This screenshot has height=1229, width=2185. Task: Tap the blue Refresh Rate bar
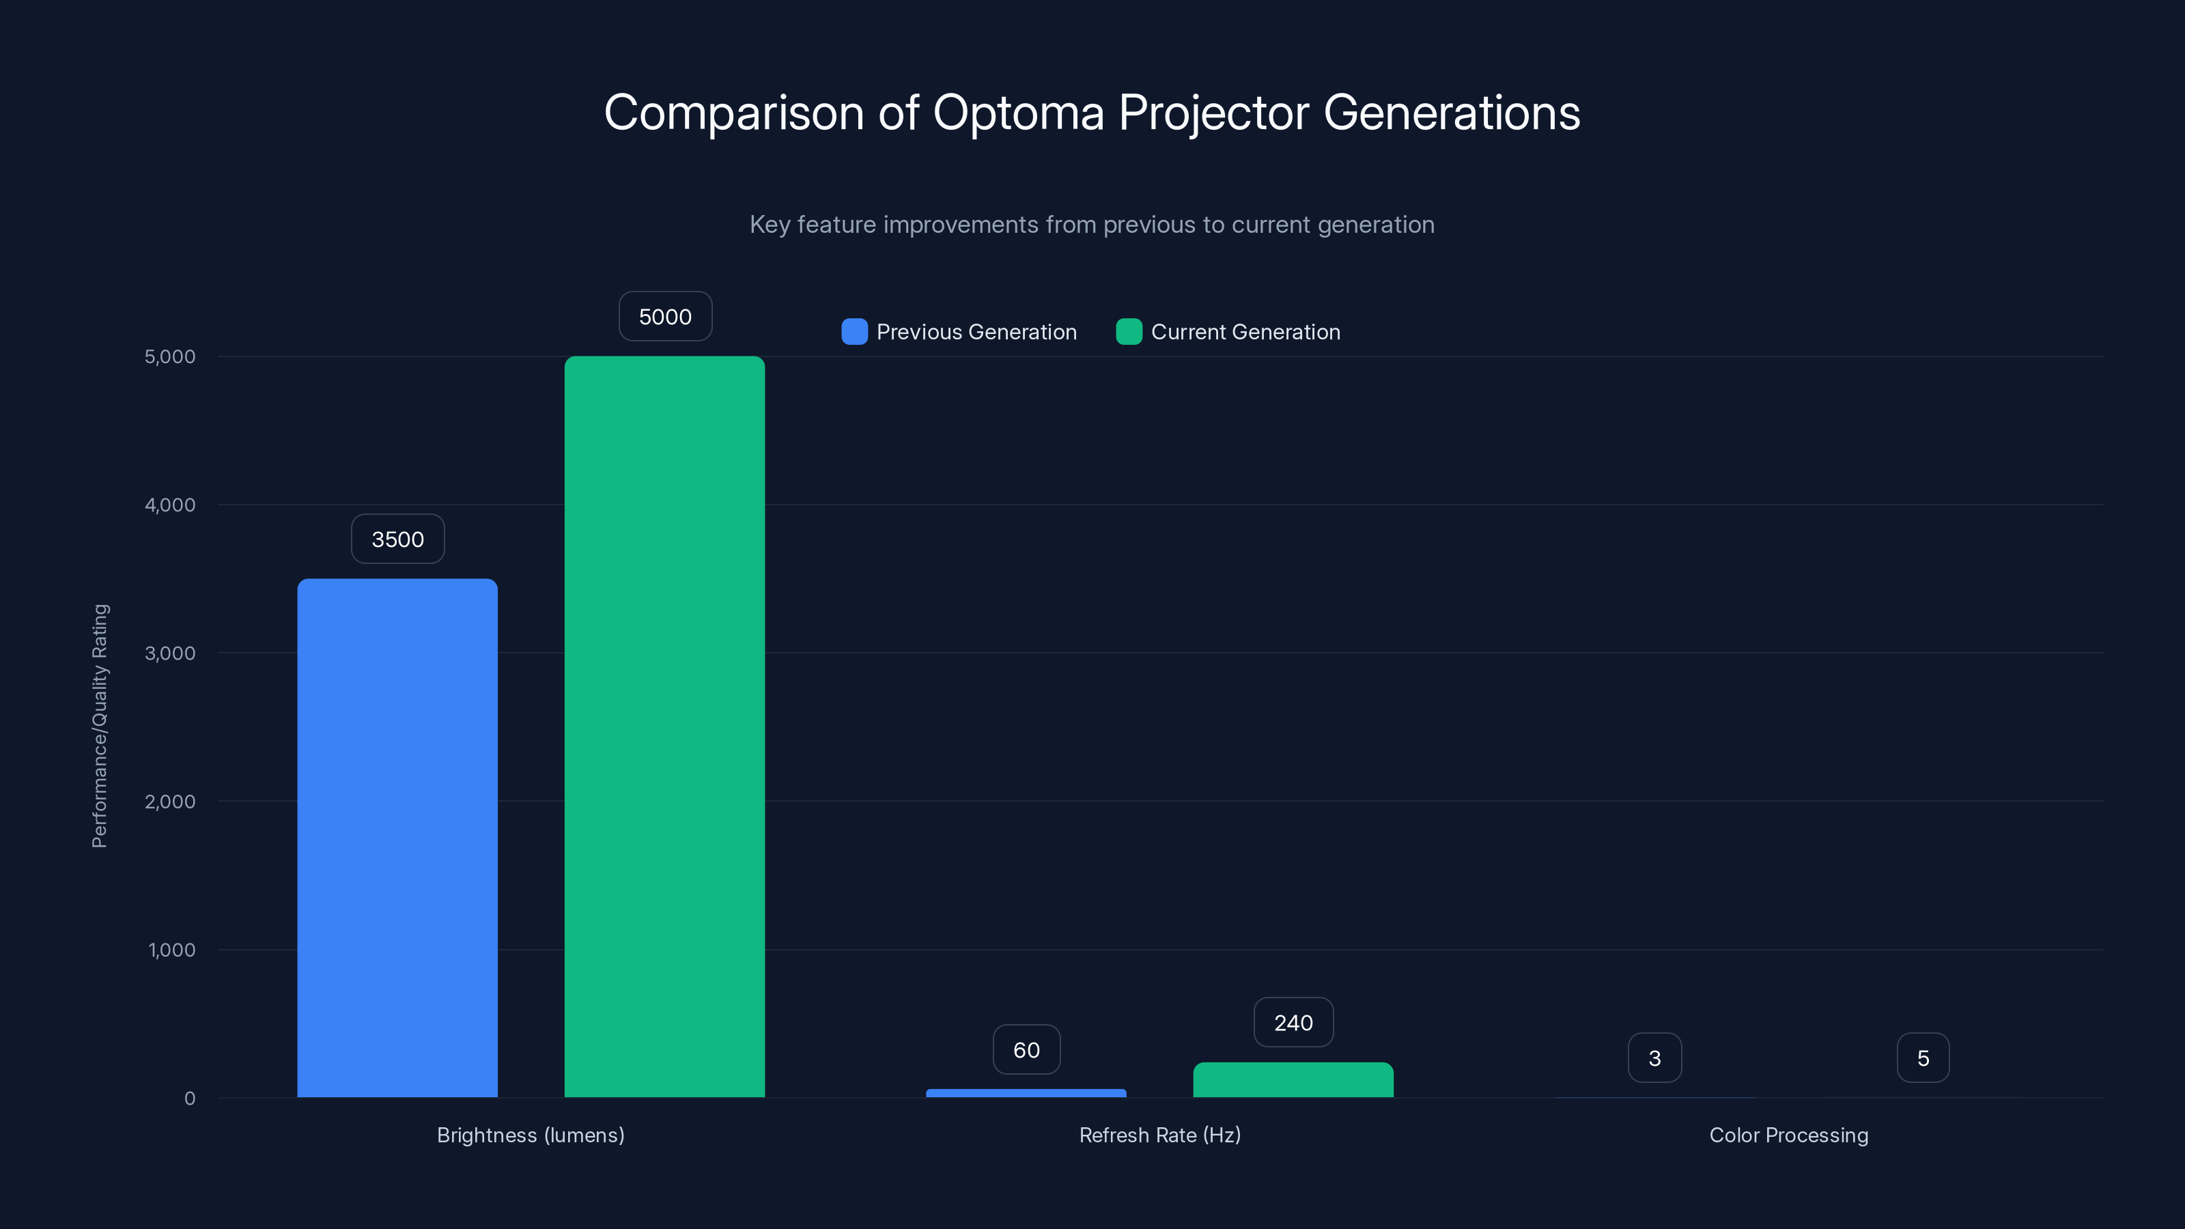point(1026,1092)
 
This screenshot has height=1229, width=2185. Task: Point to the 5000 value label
point(665,316)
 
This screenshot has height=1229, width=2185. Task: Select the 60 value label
point(1026,1050)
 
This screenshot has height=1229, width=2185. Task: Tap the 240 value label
point(1293,1023)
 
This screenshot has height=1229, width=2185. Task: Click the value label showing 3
point(1654,1058)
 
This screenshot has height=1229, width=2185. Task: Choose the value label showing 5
point(1923,1058)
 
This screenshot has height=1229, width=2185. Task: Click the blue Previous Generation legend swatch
point(854,332)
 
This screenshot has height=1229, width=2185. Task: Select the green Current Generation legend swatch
point(1129,332)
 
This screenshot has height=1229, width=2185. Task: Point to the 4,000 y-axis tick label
point(169,505)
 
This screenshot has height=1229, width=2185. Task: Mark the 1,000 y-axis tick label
point(171,950)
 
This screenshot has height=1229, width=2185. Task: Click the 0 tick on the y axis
point(190,1099)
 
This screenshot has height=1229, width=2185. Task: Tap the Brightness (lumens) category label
point(530,1135)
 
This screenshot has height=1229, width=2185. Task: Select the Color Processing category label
point(1788,1135)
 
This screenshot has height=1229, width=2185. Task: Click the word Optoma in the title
point(1018,113)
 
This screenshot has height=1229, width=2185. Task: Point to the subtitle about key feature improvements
point(1092,225)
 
